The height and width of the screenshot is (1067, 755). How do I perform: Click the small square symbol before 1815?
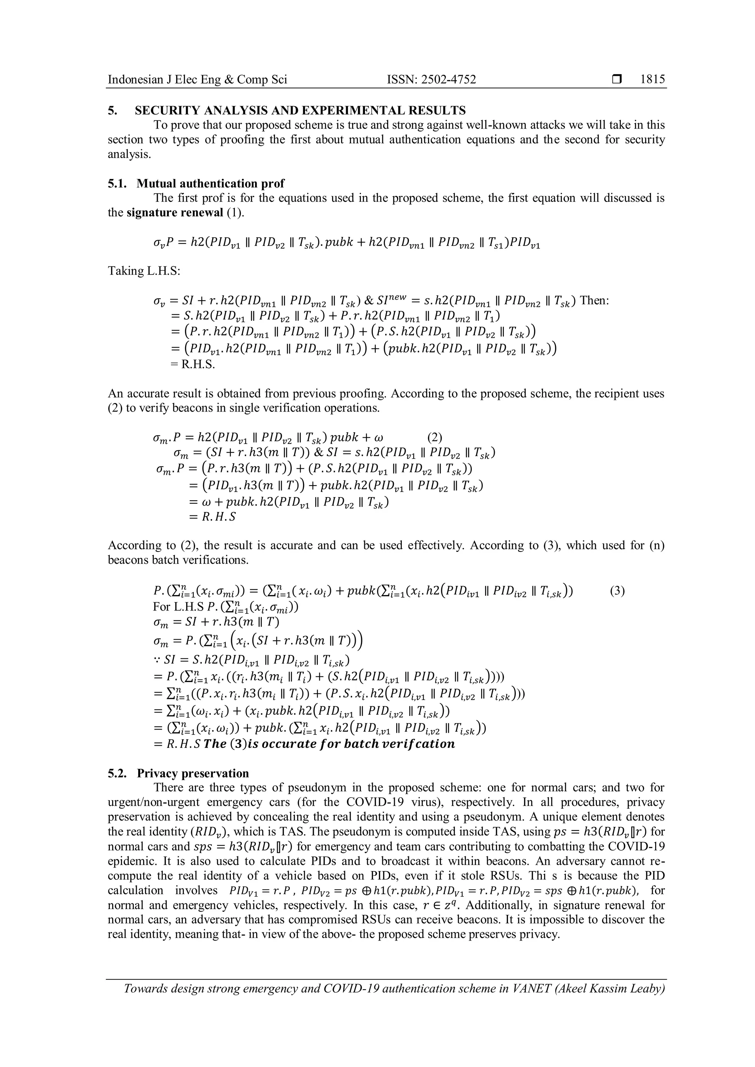click(616, 80)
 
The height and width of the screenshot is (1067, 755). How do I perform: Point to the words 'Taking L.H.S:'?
click(144, 270)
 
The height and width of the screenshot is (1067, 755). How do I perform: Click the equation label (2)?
click(434, 437)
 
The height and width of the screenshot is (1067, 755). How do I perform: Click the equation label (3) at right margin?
click(617, 591)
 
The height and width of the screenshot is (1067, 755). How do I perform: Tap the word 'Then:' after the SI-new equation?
click(595, 300)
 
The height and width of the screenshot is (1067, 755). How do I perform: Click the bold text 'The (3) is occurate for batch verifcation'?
click(329, 744)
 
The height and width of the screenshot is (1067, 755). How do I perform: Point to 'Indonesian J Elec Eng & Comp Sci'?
click(197, 80)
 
